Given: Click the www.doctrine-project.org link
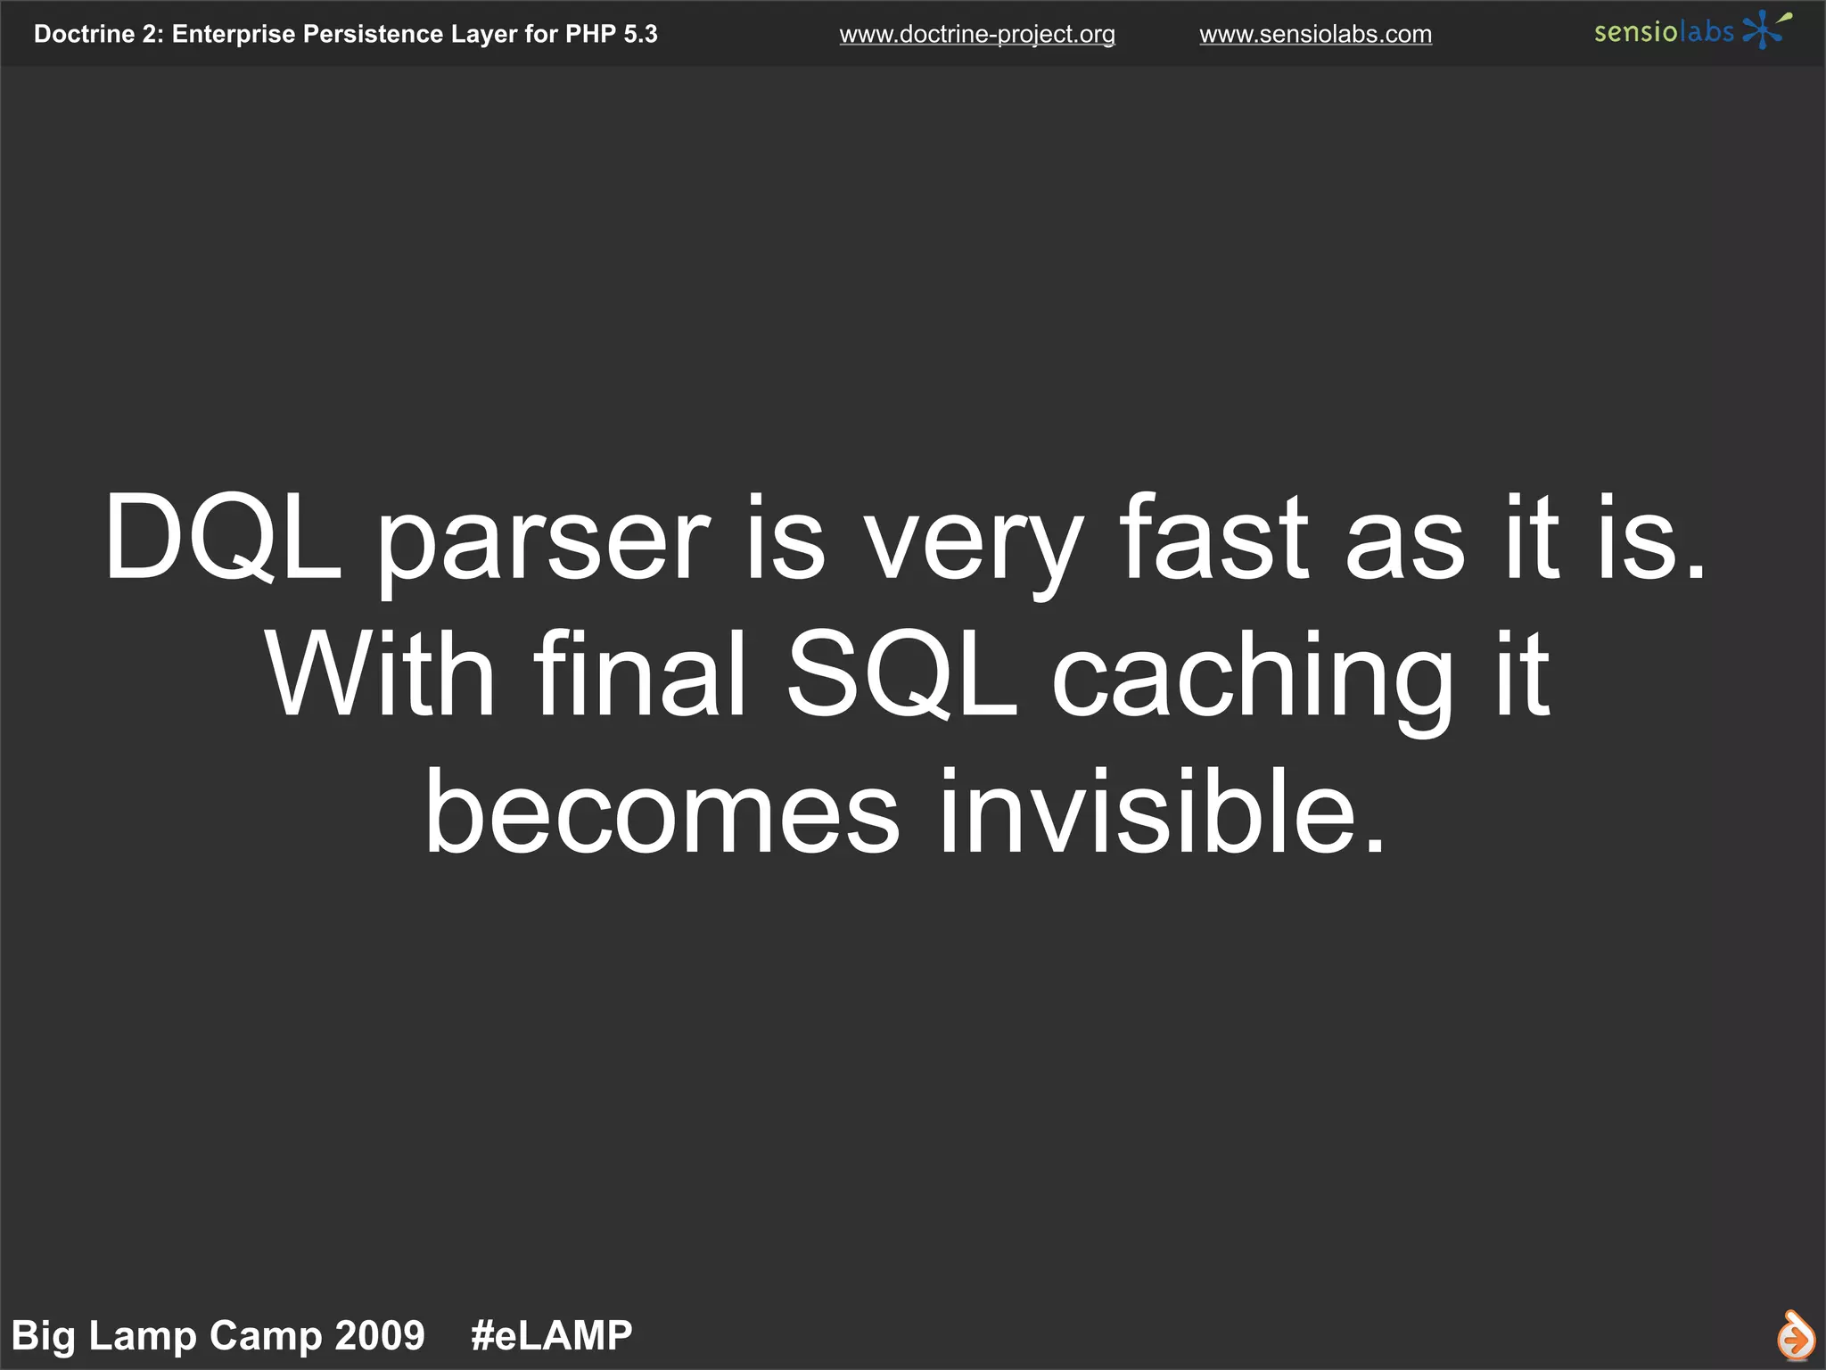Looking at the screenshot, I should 976,35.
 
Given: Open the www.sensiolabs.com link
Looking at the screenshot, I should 1315,35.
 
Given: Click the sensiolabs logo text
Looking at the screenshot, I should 1664,32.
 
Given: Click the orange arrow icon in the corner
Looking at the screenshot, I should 1795,1336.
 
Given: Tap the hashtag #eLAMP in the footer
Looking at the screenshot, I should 551,1335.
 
